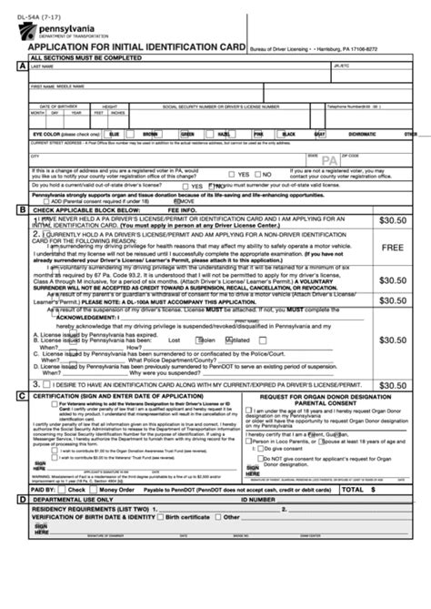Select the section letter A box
pyautogui.click(x=21, y=66)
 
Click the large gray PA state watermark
pyautogui.click(x=330, y=160)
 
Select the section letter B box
pyautogui.click(x=21, y=209)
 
